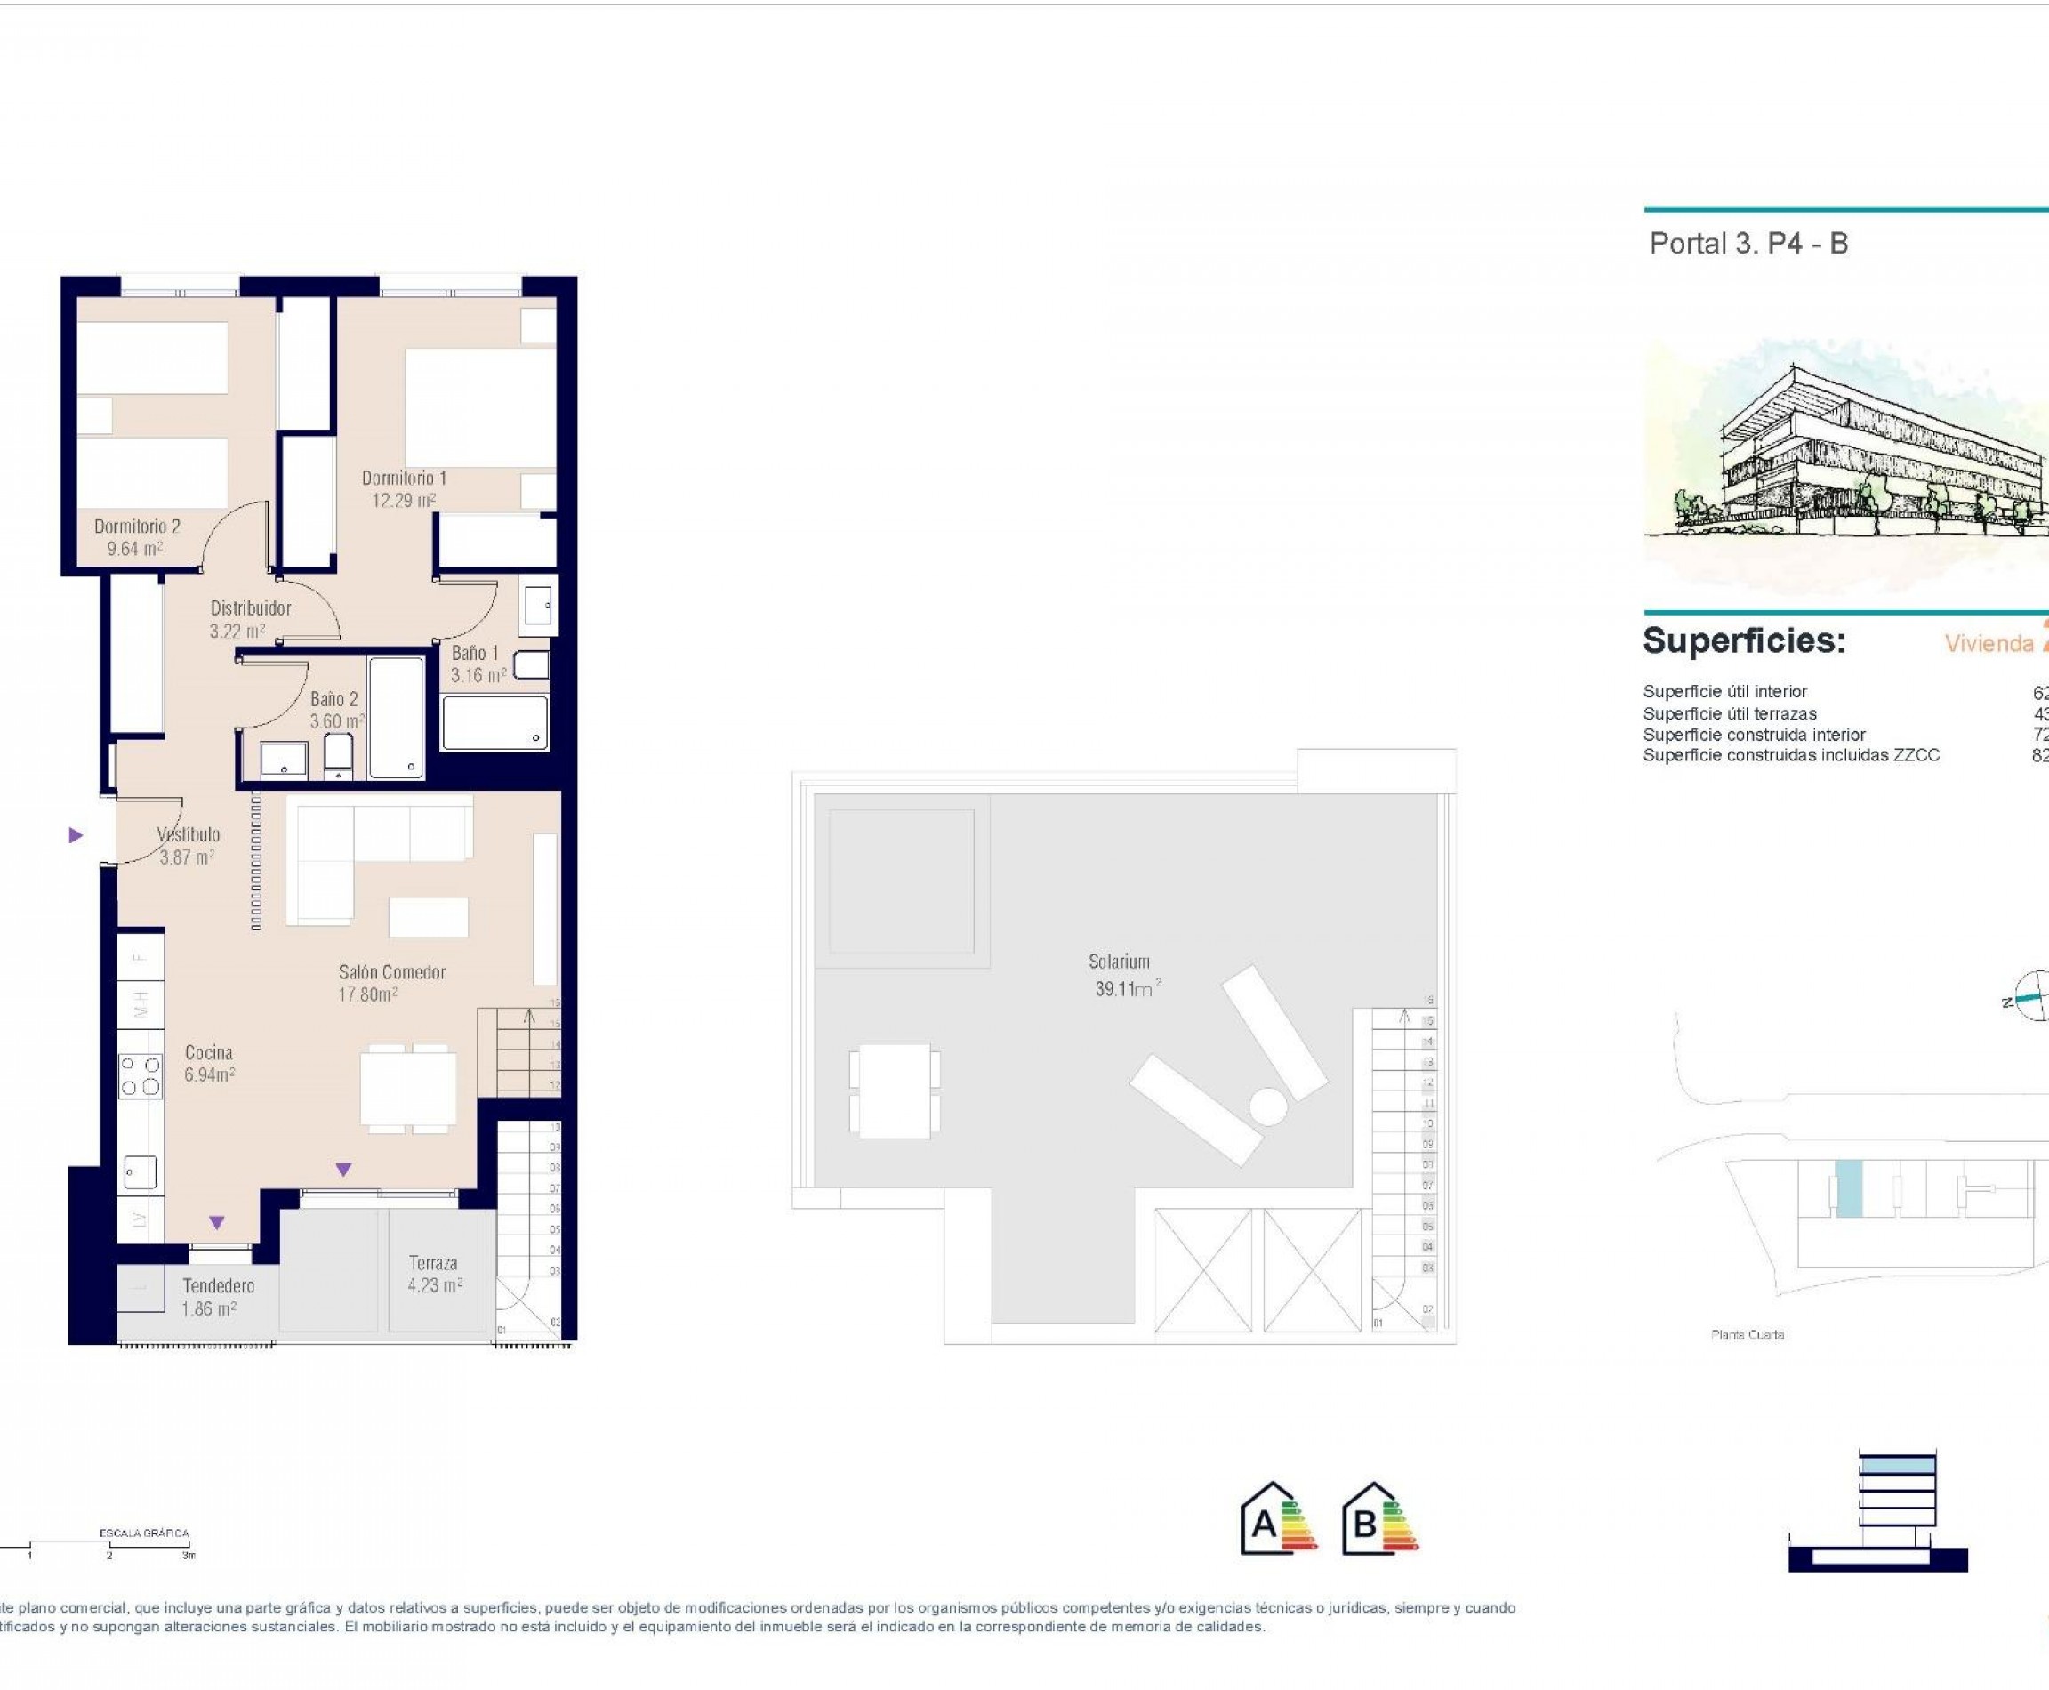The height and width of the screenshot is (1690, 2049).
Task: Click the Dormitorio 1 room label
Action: pos(404,478)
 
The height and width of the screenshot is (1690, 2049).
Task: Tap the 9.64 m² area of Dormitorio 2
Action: pos(134,549)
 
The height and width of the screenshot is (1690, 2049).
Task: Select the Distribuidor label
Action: pos(250,608)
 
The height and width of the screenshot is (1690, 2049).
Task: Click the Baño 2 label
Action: pos(333,699)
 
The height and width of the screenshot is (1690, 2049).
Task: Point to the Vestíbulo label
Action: pos(189,834)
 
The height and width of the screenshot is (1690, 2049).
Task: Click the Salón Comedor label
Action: pos(391,971)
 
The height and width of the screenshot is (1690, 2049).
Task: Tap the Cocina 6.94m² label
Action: pos(209,1063)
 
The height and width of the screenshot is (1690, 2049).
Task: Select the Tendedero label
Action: pos(218,1286)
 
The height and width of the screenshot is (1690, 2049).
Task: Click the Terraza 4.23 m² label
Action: pos(433,1274)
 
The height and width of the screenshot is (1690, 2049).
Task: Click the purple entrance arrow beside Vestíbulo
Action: pos(76,835)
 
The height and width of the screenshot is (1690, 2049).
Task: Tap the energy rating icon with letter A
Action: pos(1277,1518)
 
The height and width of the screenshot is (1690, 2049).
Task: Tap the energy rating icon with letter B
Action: pos(1379,1518)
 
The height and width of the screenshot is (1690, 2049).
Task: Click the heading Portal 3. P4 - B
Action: pos(1748,244)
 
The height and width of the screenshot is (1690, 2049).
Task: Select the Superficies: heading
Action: pos(1743,640)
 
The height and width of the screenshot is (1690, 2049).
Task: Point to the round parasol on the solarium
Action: pos(1268,1107)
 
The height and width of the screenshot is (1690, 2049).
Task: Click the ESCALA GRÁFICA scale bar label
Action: pos(144,1533)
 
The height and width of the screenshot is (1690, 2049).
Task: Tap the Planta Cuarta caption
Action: pos(1748,1335)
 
